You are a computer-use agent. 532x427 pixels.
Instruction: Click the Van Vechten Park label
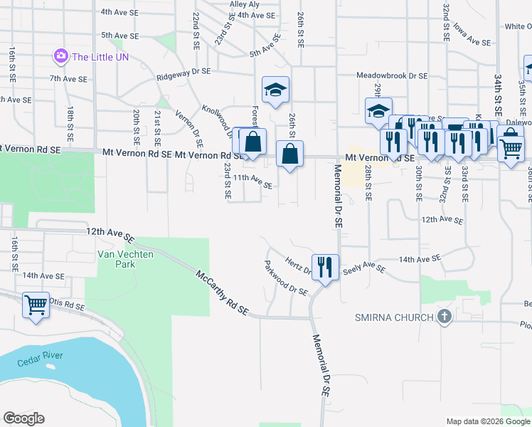[x=115, y=259]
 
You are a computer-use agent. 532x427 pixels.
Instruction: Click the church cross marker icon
[x=445, y=317]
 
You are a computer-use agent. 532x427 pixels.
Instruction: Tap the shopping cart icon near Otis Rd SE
[x=36, y=305]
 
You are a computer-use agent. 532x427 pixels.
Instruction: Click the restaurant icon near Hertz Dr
[x=325, y=268]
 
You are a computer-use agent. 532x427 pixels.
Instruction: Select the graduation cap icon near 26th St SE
[x=275, y=90]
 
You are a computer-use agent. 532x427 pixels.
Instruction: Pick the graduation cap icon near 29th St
[x=378, y=111]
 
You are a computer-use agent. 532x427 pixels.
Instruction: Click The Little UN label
[x=100, y=56]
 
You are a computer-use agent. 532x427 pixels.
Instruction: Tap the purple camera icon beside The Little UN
[x=61, y=56]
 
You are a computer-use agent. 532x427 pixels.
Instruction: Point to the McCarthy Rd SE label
[x=222, y=292]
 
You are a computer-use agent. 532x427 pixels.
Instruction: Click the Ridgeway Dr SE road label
[x=184, y=72]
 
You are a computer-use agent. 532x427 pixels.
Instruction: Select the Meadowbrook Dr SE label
[x=392, y=75]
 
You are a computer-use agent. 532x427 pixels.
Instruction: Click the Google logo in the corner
[x=23, y=418]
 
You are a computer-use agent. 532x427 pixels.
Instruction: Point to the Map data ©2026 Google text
[x=487, y=421]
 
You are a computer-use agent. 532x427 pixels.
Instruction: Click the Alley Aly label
[x=244, y=4]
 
